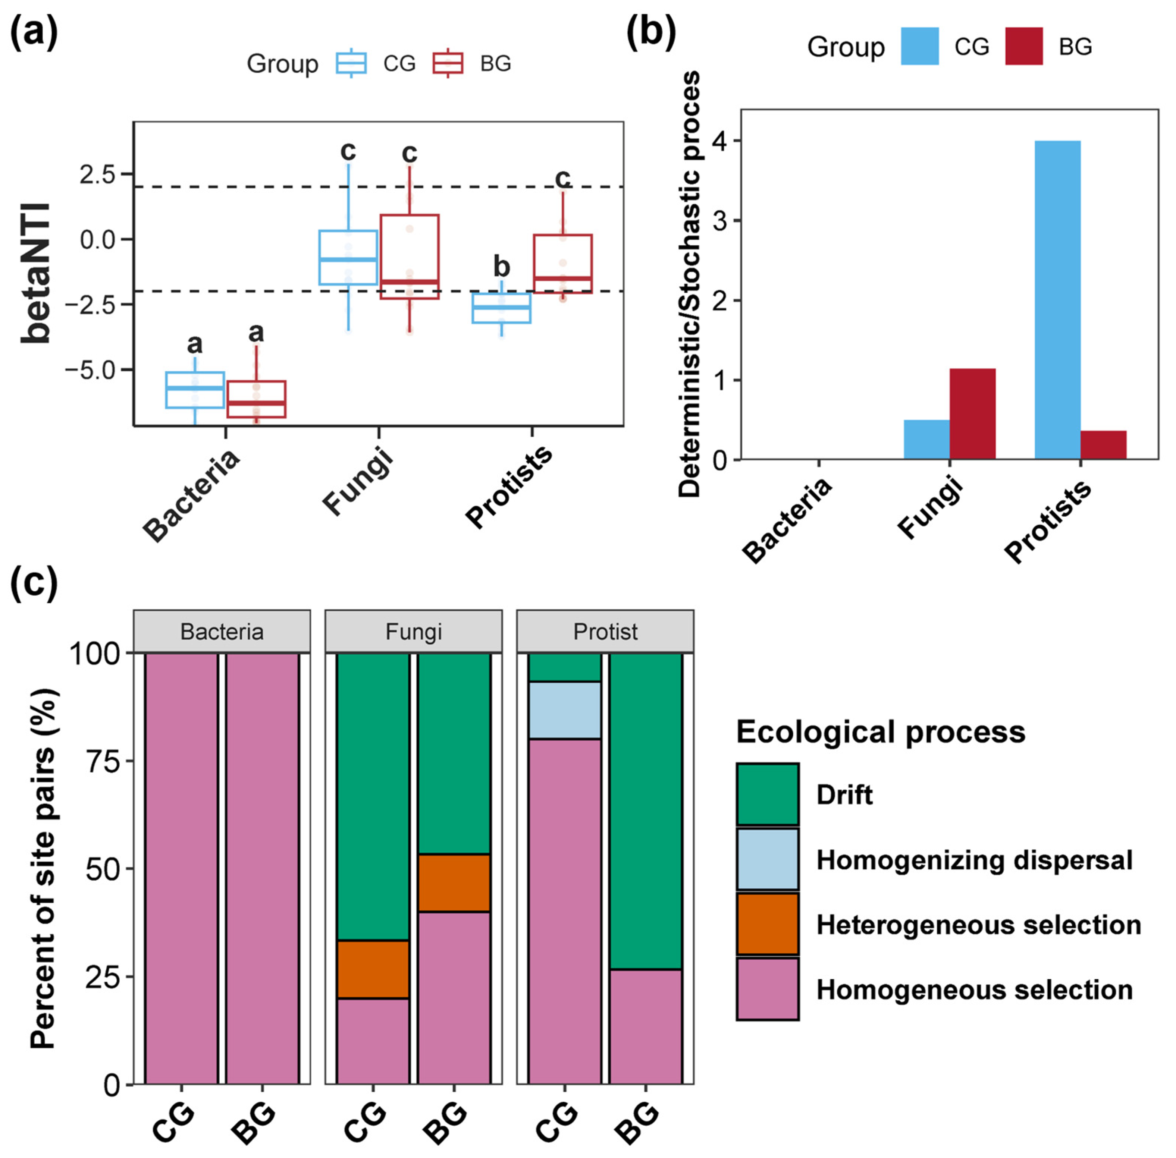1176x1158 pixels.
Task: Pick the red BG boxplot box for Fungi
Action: click(410, 256)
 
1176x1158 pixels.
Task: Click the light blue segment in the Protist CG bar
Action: click(564, 710)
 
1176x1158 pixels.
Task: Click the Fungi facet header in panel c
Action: click(413, 631)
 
